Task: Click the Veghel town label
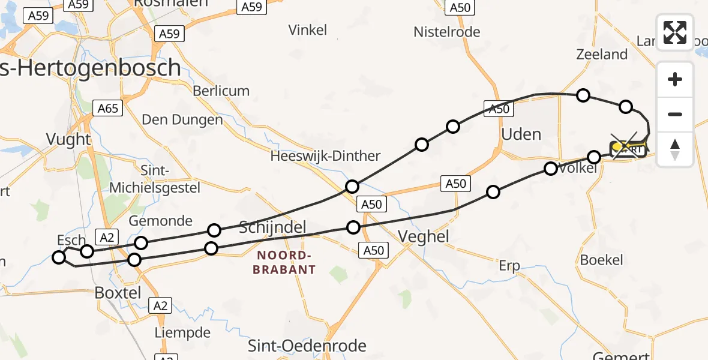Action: click(x=422, y=236)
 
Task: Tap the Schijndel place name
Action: click(x=273, y=227)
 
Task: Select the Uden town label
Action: click(x=521, y=134)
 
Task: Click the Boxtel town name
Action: click(x=118, y=293)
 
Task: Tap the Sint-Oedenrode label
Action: click(x=307, y=346)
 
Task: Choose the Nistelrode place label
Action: click(x=447, y=32)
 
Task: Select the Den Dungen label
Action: click(x=182, y=119)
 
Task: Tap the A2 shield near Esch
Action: click(x=107, y=238)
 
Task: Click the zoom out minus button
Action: click(x=675, y=114)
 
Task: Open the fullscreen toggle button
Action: click(x=675, y=32)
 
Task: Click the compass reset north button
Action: click(x=675, y=149)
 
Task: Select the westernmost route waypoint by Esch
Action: click(x=59, y=257)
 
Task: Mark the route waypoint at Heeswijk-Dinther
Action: click(x=352, y=186)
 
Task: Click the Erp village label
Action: click(x=509, y=266)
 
